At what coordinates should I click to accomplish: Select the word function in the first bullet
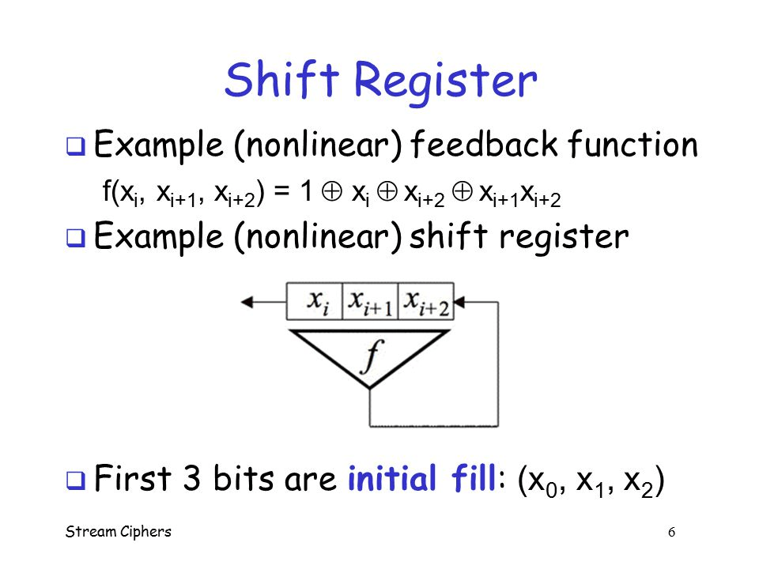pos(632,145)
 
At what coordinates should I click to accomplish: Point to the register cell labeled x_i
pos(315,303)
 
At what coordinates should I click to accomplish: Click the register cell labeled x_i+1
pos(370,303)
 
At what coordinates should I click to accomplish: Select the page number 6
pos(671,532)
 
